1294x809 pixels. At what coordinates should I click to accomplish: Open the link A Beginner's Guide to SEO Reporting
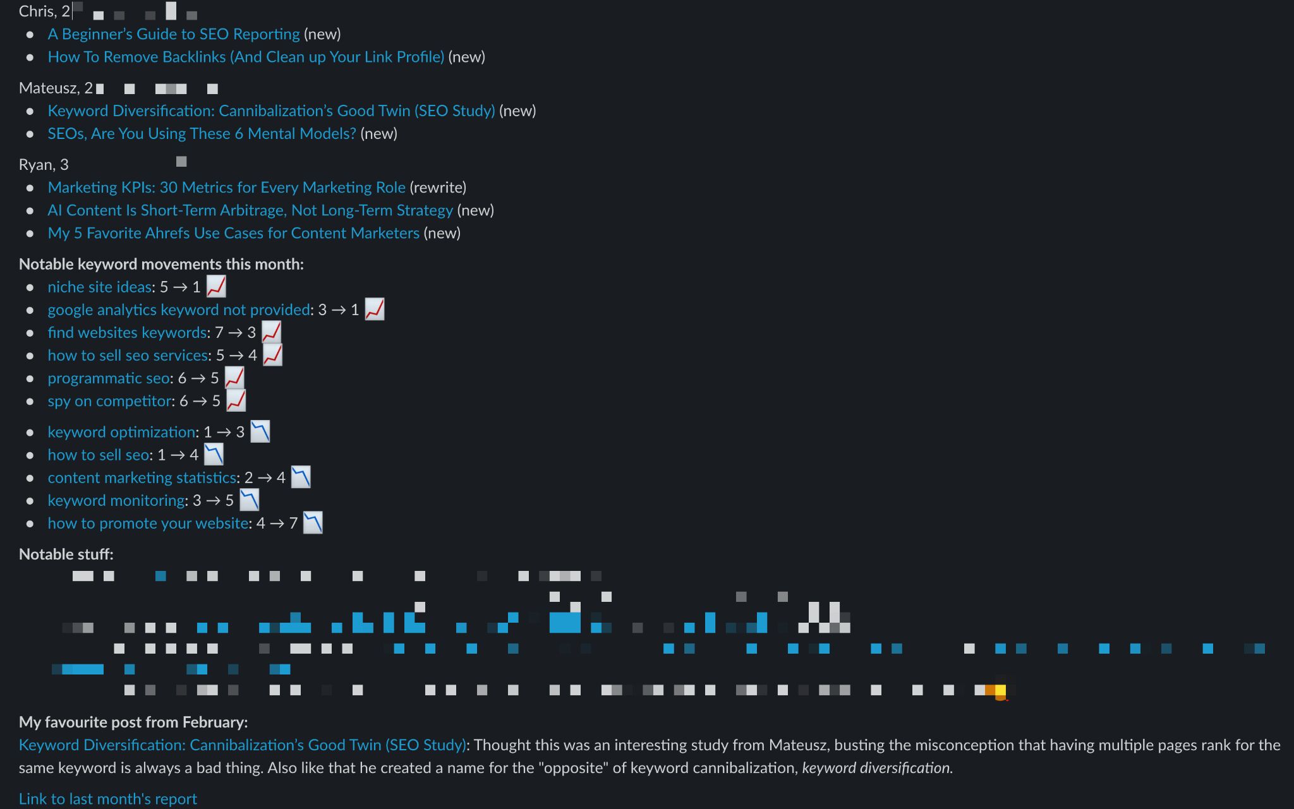click(x=174, y=34)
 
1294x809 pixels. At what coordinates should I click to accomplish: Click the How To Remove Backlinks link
click(x=246, y=57)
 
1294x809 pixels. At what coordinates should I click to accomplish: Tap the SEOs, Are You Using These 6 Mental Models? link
click(x=202, y=134)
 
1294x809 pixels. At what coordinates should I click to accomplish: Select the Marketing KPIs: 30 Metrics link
click(x=226, y=188)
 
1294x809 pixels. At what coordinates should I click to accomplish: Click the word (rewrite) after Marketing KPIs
click(x=438, y=188)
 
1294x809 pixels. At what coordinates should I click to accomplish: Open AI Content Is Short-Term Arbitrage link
click(x=250, y=210)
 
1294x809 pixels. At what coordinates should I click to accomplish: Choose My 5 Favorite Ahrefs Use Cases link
click(x=233, y=233)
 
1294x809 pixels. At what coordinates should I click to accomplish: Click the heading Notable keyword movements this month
click(x=161, y=264)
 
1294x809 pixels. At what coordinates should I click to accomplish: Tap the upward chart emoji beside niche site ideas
click(x=216, y=287)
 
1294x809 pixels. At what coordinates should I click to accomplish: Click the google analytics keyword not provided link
click(x=179, y=310)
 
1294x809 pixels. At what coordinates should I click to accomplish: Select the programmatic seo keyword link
click(x=109, y=378)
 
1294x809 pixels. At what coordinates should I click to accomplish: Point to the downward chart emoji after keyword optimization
click(x=260, y=432)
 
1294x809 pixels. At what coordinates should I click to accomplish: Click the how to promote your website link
click(x=148, y=524)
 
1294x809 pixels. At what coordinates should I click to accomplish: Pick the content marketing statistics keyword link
click(x=142, y=478)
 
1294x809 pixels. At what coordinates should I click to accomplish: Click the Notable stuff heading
click(x=66, y=554)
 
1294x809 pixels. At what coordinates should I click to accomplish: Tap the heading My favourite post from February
click(x=133, y=722)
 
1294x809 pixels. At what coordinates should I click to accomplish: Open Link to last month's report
click(x=108, y=799)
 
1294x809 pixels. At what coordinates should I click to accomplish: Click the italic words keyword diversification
click(x=876, y=768)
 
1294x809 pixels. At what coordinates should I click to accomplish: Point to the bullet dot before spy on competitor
click(x=30, y=402)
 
